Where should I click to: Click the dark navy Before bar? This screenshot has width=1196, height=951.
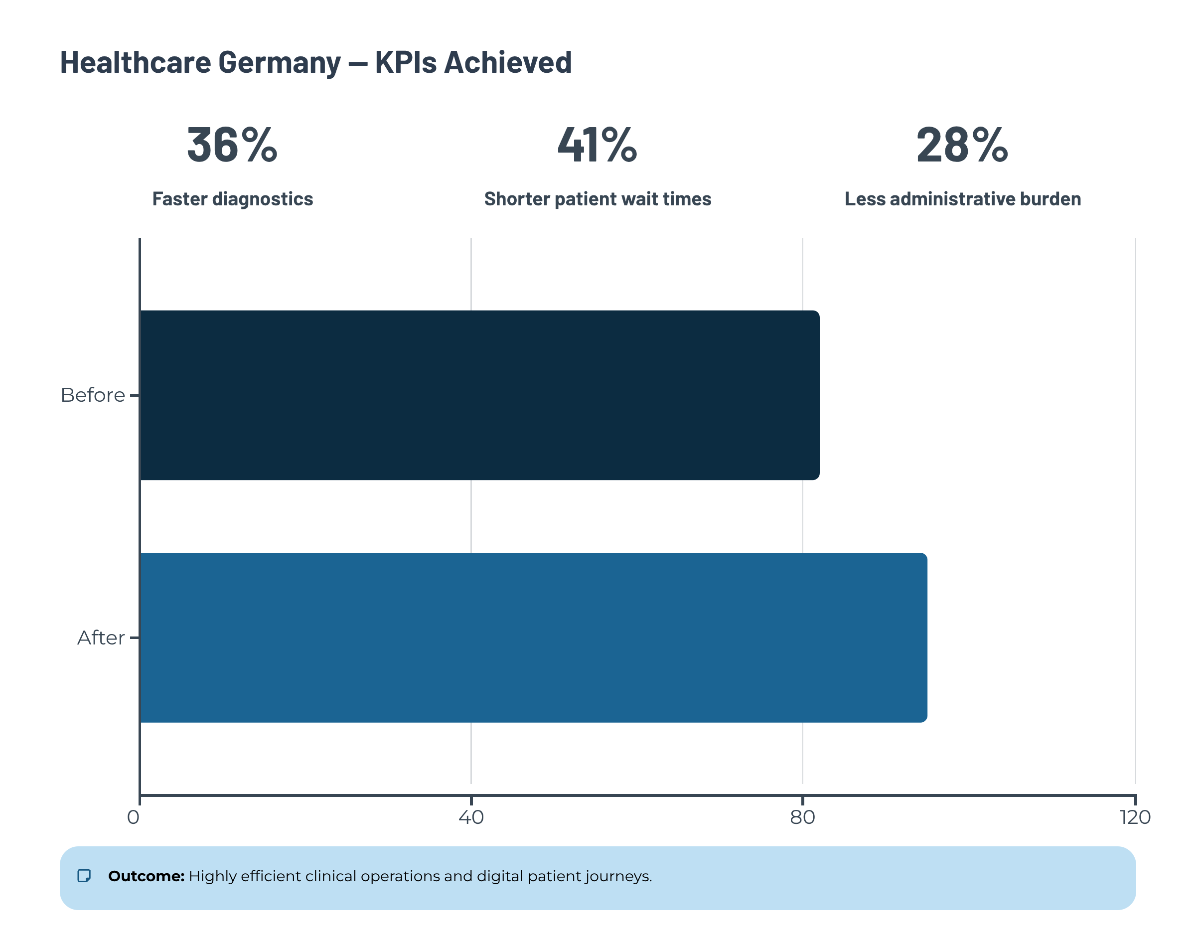480,395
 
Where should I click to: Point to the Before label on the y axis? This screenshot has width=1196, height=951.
93,395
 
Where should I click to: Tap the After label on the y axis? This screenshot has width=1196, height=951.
101,638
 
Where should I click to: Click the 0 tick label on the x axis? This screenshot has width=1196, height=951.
133,817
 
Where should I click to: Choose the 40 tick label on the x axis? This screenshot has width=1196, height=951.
471,817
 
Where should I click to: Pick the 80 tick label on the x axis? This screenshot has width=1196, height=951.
802,817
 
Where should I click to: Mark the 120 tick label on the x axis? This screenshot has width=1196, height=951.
1135,817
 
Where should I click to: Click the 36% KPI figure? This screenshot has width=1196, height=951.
232,145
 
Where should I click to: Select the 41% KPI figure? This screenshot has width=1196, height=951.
598,145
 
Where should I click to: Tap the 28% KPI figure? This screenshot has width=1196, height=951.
962,145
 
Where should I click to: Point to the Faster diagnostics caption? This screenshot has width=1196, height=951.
232,199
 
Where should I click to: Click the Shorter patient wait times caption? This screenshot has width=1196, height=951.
598,199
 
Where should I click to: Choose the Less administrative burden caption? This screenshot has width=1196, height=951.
962,199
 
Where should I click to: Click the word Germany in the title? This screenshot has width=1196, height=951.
279,63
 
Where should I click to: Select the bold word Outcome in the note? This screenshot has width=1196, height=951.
146,876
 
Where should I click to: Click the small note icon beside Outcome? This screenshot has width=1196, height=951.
84,876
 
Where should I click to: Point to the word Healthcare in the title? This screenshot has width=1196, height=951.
135,62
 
